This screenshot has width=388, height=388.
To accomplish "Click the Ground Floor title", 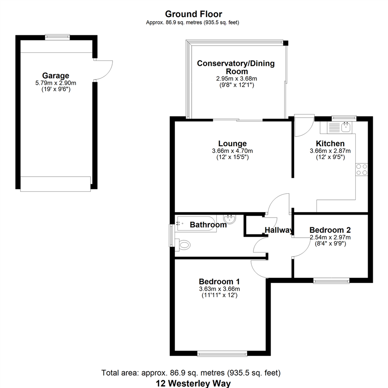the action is [x=194, y=14].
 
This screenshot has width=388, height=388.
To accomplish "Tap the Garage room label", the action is [x=56, y=75].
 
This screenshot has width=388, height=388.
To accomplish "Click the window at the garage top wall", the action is [x=57, y=37].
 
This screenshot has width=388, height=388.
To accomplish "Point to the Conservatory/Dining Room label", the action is [x=236, y=67].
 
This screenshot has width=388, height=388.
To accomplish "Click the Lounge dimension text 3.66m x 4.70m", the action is [x=232, y=151].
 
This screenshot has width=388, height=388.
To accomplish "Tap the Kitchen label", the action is [x=330, y=143].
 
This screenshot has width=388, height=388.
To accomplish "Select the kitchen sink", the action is [x=346, y=127].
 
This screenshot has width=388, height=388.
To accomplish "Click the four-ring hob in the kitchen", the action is [x=362, y=170].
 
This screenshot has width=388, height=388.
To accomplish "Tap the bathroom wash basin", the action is [x=230, y=219].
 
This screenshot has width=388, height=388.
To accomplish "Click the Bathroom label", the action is [x=208, y=225].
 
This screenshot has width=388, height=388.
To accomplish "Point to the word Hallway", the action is [x=279, y=230].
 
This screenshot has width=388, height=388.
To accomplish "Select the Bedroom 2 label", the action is [x=330, y=230].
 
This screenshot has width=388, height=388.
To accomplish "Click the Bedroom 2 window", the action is [x=331, y=280].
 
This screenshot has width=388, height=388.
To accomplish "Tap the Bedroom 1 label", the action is [x=219, y=282].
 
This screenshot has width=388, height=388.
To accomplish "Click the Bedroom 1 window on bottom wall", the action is [x=222, y=354].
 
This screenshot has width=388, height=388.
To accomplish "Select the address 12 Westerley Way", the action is [x=193, y=383].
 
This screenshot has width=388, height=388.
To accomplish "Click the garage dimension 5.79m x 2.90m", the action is [x=56, y=83].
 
